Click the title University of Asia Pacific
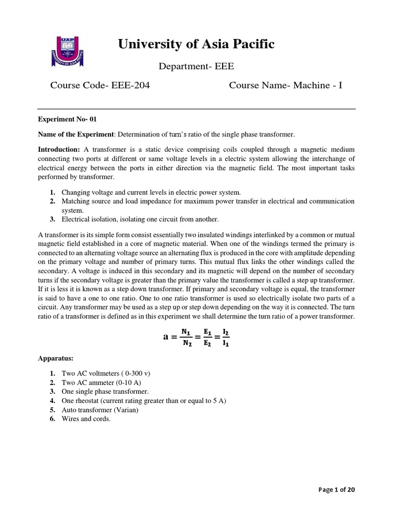[196, 45]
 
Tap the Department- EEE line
[196, 66]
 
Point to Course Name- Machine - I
[285, 85]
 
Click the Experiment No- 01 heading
[68, 119]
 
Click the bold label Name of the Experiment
[77, 134]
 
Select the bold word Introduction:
[59, 149]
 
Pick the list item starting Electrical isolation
[140, 219]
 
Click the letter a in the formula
[166, 337]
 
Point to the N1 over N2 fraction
[186, 337]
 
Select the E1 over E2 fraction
[207, 337]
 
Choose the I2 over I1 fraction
[226, 337]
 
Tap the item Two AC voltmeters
[106, 373]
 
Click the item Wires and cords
[86, 419]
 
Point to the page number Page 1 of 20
[336, 490]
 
